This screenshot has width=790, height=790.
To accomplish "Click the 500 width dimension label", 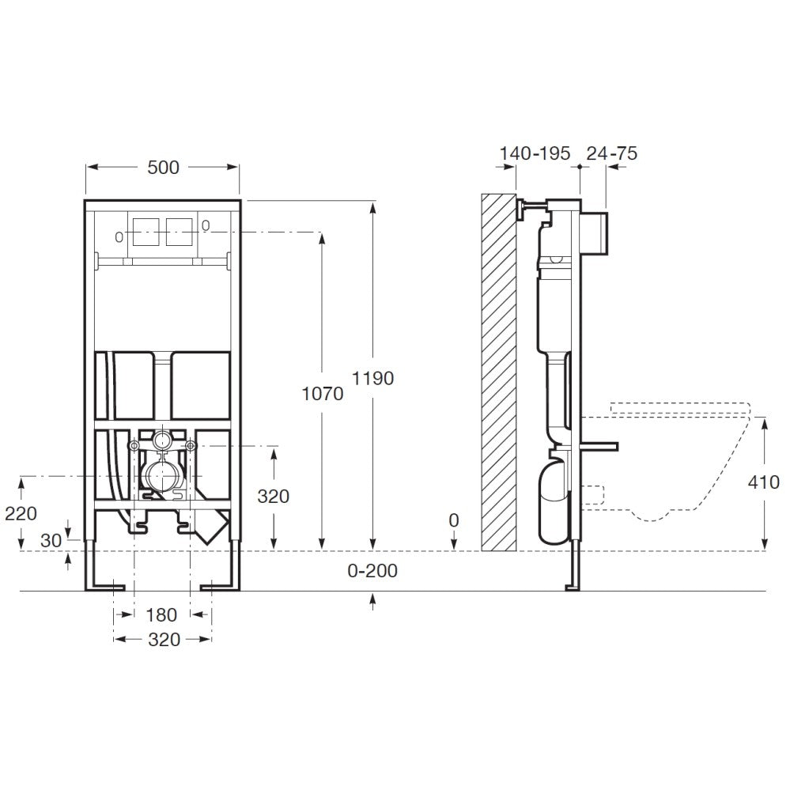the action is tap(163, 168).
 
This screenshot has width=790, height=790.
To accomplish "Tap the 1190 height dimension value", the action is tap(372, 378).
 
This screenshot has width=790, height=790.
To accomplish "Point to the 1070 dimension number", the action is tap(322, 394).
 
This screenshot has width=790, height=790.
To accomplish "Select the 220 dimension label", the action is tap(21, 513).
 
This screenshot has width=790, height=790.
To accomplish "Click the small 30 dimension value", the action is tap(51, 541).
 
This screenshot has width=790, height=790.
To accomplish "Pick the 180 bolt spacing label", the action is tap(161, 614).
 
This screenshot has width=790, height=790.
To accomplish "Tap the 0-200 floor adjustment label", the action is tap(372, 570).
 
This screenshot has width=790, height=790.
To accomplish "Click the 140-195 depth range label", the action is tap(535, 153).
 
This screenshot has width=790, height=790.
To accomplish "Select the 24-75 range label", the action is tap(611, 153).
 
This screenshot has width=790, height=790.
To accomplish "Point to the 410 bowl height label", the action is tap(763, 482).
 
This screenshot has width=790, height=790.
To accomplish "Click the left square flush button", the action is tap(146, 231).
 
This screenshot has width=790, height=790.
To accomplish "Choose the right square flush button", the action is tap(180, 231).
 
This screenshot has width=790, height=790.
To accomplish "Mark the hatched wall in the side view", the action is tap(498, 372).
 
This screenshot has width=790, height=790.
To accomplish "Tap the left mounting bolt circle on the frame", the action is tap(134, 446).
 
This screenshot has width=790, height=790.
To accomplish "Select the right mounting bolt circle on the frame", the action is tap(190, 446).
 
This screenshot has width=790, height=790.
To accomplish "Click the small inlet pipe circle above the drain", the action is tap(162, 440).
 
